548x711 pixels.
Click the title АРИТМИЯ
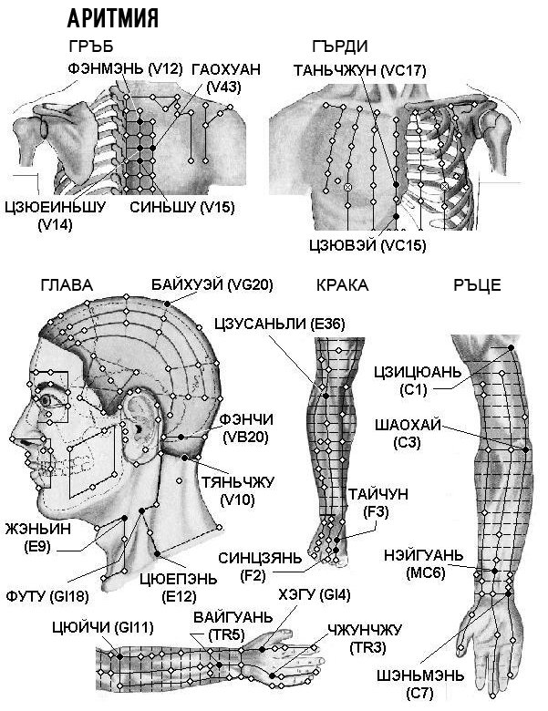point(113,18)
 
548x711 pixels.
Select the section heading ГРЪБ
point(91,46)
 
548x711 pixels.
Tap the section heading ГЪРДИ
point(340,46)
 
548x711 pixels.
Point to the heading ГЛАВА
point(67,285)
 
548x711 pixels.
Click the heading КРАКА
point(342,285)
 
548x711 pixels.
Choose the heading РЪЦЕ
point(477,285)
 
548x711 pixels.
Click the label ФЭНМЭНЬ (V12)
point(125,69)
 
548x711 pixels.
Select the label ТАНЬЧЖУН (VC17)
point(360,71)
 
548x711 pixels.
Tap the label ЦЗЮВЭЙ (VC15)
point(367,245)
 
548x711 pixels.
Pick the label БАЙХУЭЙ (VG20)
point(212,285)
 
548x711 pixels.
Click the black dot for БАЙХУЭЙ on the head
point(168,304)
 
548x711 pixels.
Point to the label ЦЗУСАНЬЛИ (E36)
point(280,325)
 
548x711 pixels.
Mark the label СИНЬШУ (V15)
point(182,207)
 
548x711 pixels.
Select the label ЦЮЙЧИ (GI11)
point(103,628)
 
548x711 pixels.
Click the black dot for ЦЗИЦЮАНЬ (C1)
point(511,347)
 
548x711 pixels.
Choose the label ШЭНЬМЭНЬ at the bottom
point(420,675)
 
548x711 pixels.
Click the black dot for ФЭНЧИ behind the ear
point(181,437)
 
